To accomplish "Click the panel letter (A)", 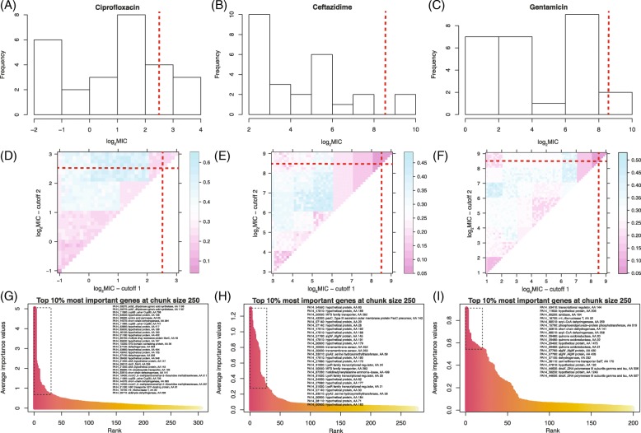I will pyautogui.click(x=11, y=8).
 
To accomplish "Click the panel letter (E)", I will pyautogui.click(x=226, y=147).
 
